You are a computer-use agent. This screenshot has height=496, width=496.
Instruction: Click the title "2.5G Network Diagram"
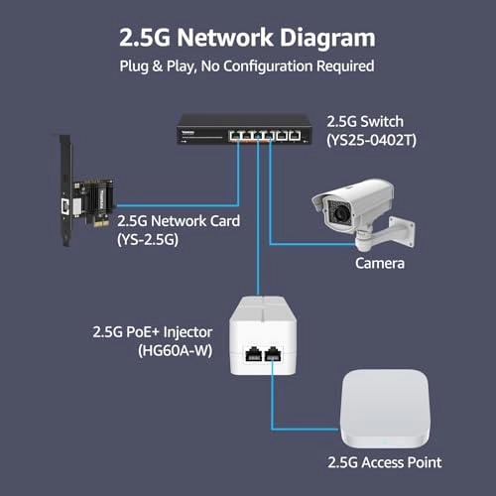(247, 39)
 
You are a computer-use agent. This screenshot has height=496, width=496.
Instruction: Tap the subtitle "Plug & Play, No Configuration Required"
(247, 67)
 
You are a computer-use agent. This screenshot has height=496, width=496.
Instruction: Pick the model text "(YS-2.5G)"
(149, 240)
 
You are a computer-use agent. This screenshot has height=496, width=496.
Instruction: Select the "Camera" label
(377, 264)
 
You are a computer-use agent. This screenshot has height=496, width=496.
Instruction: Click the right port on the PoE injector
(277, 352)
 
